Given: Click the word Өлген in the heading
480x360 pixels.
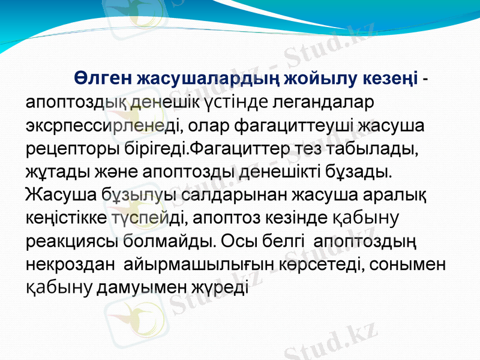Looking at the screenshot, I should click(x=103, y=79).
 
